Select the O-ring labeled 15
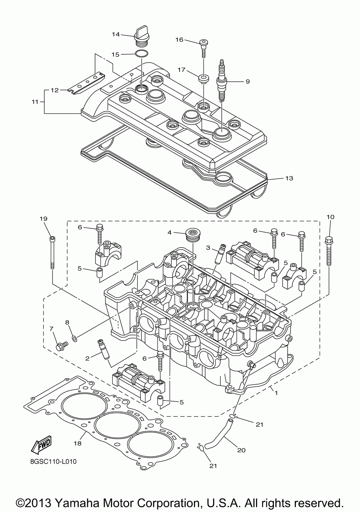coord(141,54)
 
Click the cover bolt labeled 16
coord(203,48)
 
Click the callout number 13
coord(289,178)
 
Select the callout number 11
coord(35,101)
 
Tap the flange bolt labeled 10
coord(329,251)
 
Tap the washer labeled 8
coord(74,338)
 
